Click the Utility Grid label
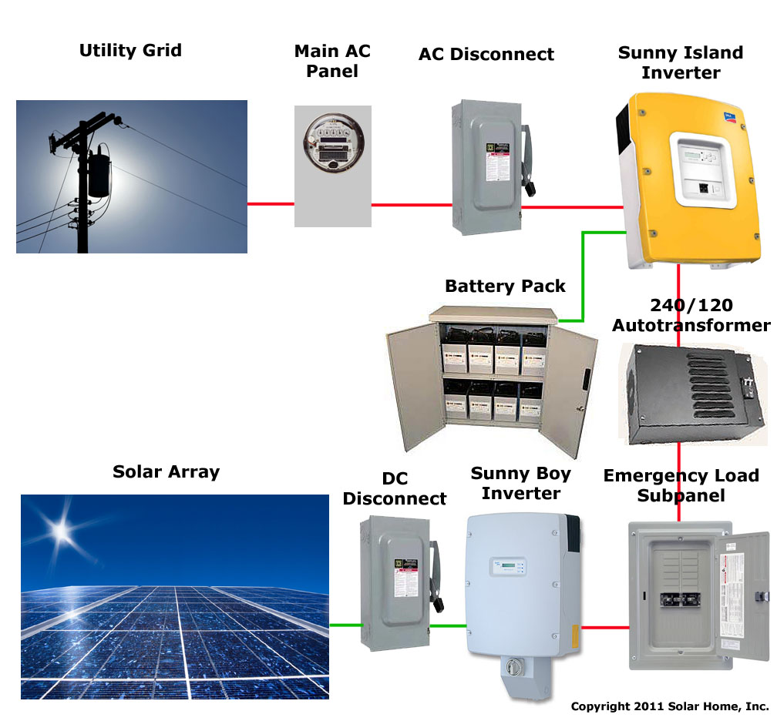pyautogui.click(x=130, y=51)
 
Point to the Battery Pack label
pyautogui.click(x=505, y=287)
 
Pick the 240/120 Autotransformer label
pyautogui.click(x=691, y=315)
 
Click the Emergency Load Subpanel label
pyautogui.click(x=681, y=485)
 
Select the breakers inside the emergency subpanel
pyautogui.click(x=678, y=601)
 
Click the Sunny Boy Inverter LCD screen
pyautogui.click(x=501, y=568)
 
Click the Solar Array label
pyautogui.click(x=166, y=471)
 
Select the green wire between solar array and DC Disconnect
pyautogui.click(x=345, y=625)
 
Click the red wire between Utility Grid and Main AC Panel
pyautogui.click(x=271, y=204)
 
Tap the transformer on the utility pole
pyautogui.click(x=99, y=174)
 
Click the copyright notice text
pyautogui.click(x=669, y=706)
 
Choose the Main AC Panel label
pyautogui.click(x=332, y=61)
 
